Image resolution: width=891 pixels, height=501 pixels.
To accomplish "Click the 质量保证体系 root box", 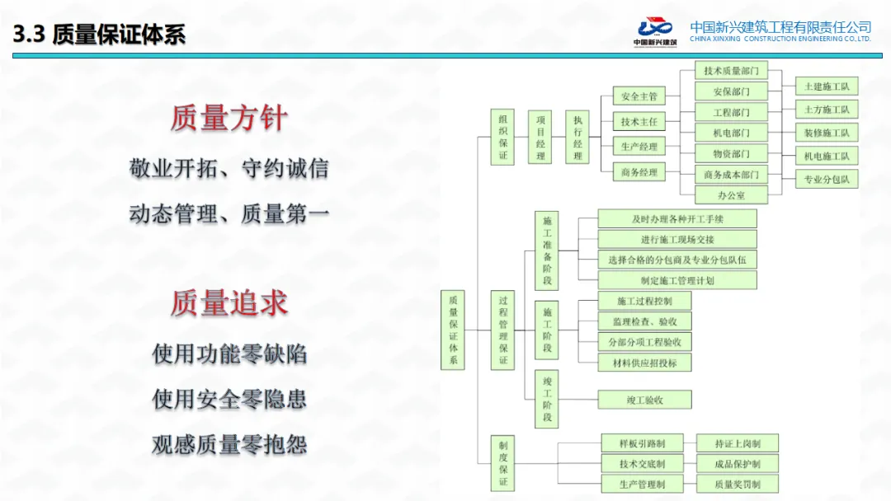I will pos(453,330).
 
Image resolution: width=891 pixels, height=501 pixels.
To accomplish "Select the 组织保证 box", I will pos(502,137).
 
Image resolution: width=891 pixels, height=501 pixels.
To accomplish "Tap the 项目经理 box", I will pos(540,137).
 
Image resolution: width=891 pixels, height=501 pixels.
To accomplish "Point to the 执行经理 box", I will pos(577,137).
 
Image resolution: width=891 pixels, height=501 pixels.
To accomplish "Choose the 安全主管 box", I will pos(639,97).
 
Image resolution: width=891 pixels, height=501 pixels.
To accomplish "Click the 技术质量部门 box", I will pos(731,71).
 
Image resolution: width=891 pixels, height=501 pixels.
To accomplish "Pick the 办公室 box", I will pos(731,195).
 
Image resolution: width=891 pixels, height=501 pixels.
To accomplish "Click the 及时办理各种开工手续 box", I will pos(676,218).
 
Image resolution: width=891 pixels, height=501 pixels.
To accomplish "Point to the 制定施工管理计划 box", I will pos(676,280).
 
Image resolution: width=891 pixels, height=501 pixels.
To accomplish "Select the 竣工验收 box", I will pos(645,400).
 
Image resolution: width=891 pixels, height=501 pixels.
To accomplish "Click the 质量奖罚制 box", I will pos(737,485).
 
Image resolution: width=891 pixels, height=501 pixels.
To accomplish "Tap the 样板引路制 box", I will pos(643,444).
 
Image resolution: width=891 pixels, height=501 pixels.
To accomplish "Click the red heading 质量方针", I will pos(229,118).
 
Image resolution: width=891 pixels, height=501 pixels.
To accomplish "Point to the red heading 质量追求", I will pos(229,303).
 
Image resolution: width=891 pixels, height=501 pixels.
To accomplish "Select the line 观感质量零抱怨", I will pos(229,445).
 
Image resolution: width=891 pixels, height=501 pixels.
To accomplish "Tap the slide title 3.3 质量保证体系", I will pos(99,35).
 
